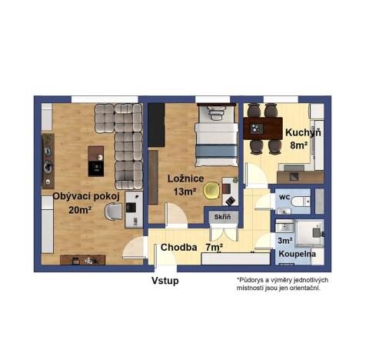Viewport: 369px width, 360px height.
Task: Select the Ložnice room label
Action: tap(184, 178)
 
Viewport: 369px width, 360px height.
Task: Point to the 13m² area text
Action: tap(184, 192)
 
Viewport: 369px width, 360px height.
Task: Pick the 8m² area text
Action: tap(300, 143)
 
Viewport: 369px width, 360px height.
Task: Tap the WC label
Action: tap(283, 197)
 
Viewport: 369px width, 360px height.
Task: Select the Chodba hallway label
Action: tap(178, 248)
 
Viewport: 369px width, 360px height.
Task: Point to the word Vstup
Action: tap(165, 281)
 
